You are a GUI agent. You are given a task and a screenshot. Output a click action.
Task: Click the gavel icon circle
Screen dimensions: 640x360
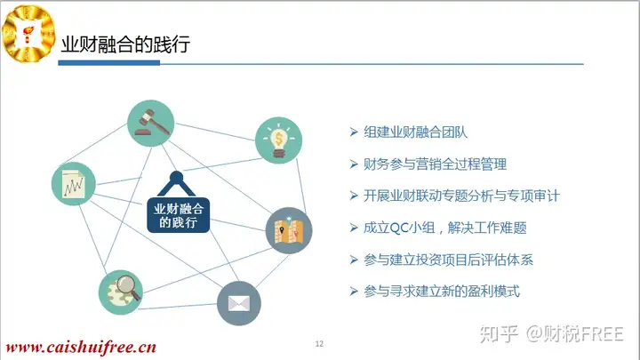tap(150, 124)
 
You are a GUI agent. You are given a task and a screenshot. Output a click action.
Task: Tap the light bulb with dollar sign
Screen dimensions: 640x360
tap(278, 140)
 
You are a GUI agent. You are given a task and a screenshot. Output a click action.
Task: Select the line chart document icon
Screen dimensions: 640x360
tap(74, 184)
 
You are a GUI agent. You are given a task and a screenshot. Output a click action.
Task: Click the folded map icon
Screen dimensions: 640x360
tap(289, 230)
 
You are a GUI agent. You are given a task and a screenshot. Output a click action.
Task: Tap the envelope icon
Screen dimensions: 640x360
tap(239, 303)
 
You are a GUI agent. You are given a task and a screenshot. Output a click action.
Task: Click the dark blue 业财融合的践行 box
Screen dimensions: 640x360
tap(179, 215)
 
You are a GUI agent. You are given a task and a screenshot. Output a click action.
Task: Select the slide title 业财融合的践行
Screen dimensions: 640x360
tap(125, 44)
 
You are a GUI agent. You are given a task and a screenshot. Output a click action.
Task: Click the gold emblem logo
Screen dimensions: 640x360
tap(28, 34)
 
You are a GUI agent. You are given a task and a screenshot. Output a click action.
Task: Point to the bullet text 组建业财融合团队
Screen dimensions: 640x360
tap(415, 132)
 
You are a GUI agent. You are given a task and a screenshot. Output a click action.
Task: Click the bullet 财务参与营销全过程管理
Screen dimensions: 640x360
tap(435, 164)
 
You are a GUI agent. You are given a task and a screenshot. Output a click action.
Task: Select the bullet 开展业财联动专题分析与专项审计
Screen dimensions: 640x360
tap(461, 196)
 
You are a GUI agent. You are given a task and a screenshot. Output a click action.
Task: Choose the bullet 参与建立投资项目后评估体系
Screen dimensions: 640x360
tap(448, 260)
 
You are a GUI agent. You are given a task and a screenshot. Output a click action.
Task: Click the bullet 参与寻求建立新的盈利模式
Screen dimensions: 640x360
tap(442, 292)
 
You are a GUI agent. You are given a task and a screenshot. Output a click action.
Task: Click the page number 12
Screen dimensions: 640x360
tap(319, 344)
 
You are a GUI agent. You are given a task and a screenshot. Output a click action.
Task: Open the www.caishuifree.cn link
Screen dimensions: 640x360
tap(81, 348)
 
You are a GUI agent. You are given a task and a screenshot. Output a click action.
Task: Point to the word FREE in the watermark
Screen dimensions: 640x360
tap(602, 334)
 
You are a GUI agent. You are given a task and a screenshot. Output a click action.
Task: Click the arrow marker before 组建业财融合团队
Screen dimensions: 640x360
tap(354, 132)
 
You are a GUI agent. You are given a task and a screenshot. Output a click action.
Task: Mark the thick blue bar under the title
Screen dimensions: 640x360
tap(109, 63)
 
